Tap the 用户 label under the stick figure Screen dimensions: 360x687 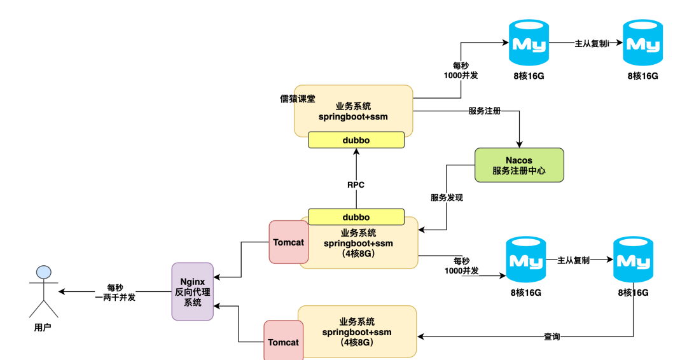point(43,328)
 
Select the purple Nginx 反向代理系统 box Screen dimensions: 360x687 point(192,291)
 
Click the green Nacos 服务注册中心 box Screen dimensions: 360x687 point(519,165)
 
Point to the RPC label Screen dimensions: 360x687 point(356,185)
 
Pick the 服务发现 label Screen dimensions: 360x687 point(447,197)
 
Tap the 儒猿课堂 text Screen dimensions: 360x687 point(298,99)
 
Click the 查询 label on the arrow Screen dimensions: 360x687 point(552,336)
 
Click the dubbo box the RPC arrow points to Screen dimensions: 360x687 point(356,140)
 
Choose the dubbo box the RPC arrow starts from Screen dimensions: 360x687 point(356,217)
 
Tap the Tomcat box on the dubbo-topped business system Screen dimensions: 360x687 point(289,242)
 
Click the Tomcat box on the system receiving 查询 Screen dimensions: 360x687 point(283,342)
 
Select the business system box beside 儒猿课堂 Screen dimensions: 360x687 point(353,111)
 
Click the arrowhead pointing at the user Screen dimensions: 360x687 point(62,292)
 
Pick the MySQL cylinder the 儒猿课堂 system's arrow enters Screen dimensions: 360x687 point(529,43)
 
